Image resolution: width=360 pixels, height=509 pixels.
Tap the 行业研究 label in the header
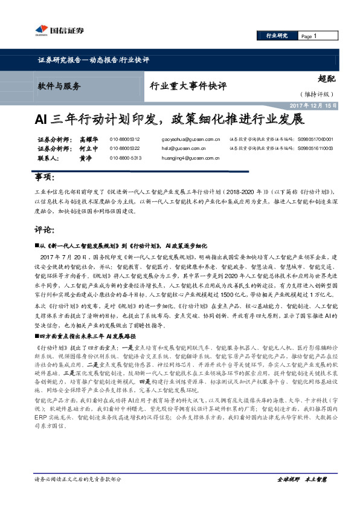point(277,36)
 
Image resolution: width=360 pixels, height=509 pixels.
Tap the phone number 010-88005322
point(124,148)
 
